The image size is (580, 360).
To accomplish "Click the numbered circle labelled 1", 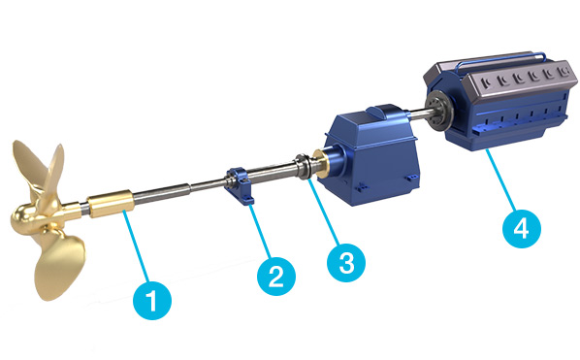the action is coord(152,300).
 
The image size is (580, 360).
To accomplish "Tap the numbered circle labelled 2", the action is coord(276,276).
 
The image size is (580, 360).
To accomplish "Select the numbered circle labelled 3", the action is coord(346,262).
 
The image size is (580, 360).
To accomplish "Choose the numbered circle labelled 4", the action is coord(522,229).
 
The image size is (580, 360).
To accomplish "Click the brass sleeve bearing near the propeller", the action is coord(111,203).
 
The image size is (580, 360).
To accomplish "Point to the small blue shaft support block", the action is coord(240,184).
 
